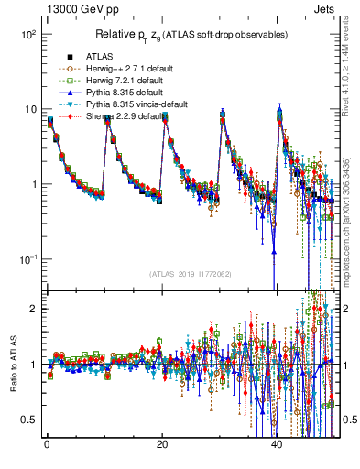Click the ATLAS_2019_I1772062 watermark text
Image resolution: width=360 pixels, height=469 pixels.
[191, 274]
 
